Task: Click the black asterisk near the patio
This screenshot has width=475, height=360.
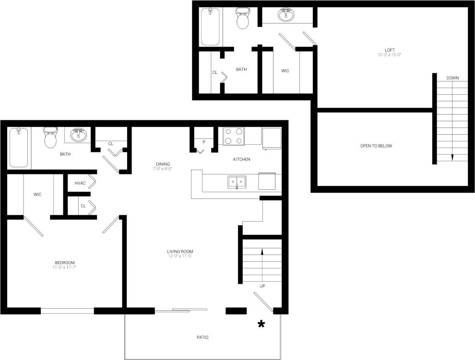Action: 261,325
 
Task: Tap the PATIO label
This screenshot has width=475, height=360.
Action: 202,337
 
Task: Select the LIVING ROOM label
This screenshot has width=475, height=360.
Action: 180,252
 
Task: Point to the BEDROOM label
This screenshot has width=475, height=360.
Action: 65,263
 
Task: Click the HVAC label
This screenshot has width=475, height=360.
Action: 80,183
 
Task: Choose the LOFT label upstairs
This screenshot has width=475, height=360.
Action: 389,50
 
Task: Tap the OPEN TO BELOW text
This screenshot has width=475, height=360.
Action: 376,146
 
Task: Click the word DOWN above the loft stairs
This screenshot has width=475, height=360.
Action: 452,78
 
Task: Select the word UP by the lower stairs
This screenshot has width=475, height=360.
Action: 262,286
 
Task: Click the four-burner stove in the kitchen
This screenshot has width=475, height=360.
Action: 234,136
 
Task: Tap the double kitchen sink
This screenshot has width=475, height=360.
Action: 237,182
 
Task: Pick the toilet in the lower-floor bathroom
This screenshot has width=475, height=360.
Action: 50,138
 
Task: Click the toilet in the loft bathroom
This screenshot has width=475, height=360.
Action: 242,19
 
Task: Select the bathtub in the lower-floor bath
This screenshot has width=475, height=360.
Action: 19,147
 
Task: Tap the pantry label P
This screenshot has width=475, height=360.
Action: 204,142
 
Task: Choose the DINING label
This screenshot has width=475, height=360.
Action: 163,164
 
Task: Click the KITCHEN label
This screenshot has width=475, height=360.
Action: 241,159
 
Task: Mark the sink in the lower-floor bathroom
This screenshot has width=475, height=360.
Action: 78,135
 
